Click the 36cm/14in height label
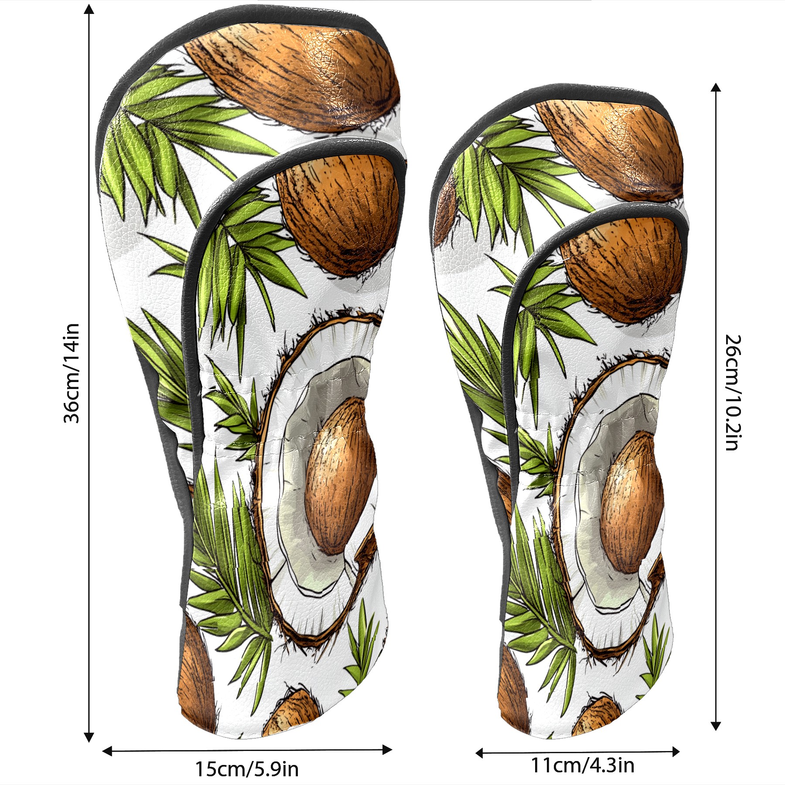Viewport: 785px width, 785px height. (72, 373)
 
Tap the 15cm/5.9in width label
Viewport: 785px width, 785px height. (247, 769)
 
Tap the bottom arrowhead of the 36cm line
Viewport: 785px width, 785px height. (89, 737)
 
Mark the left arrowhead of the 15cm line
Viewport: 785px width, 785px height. (107, 751)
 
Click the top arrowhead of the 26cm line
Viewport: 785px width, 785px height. (716, 87)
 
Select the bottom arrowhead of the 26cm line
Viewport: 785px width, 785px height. (716, 726)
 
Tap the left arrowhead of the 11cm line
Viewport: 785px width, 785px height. (480, 753)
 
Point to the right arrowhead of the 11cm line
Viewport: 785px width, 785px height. (675, 751)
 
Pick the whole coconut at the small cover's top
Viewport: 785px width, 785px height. (609, 150)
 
